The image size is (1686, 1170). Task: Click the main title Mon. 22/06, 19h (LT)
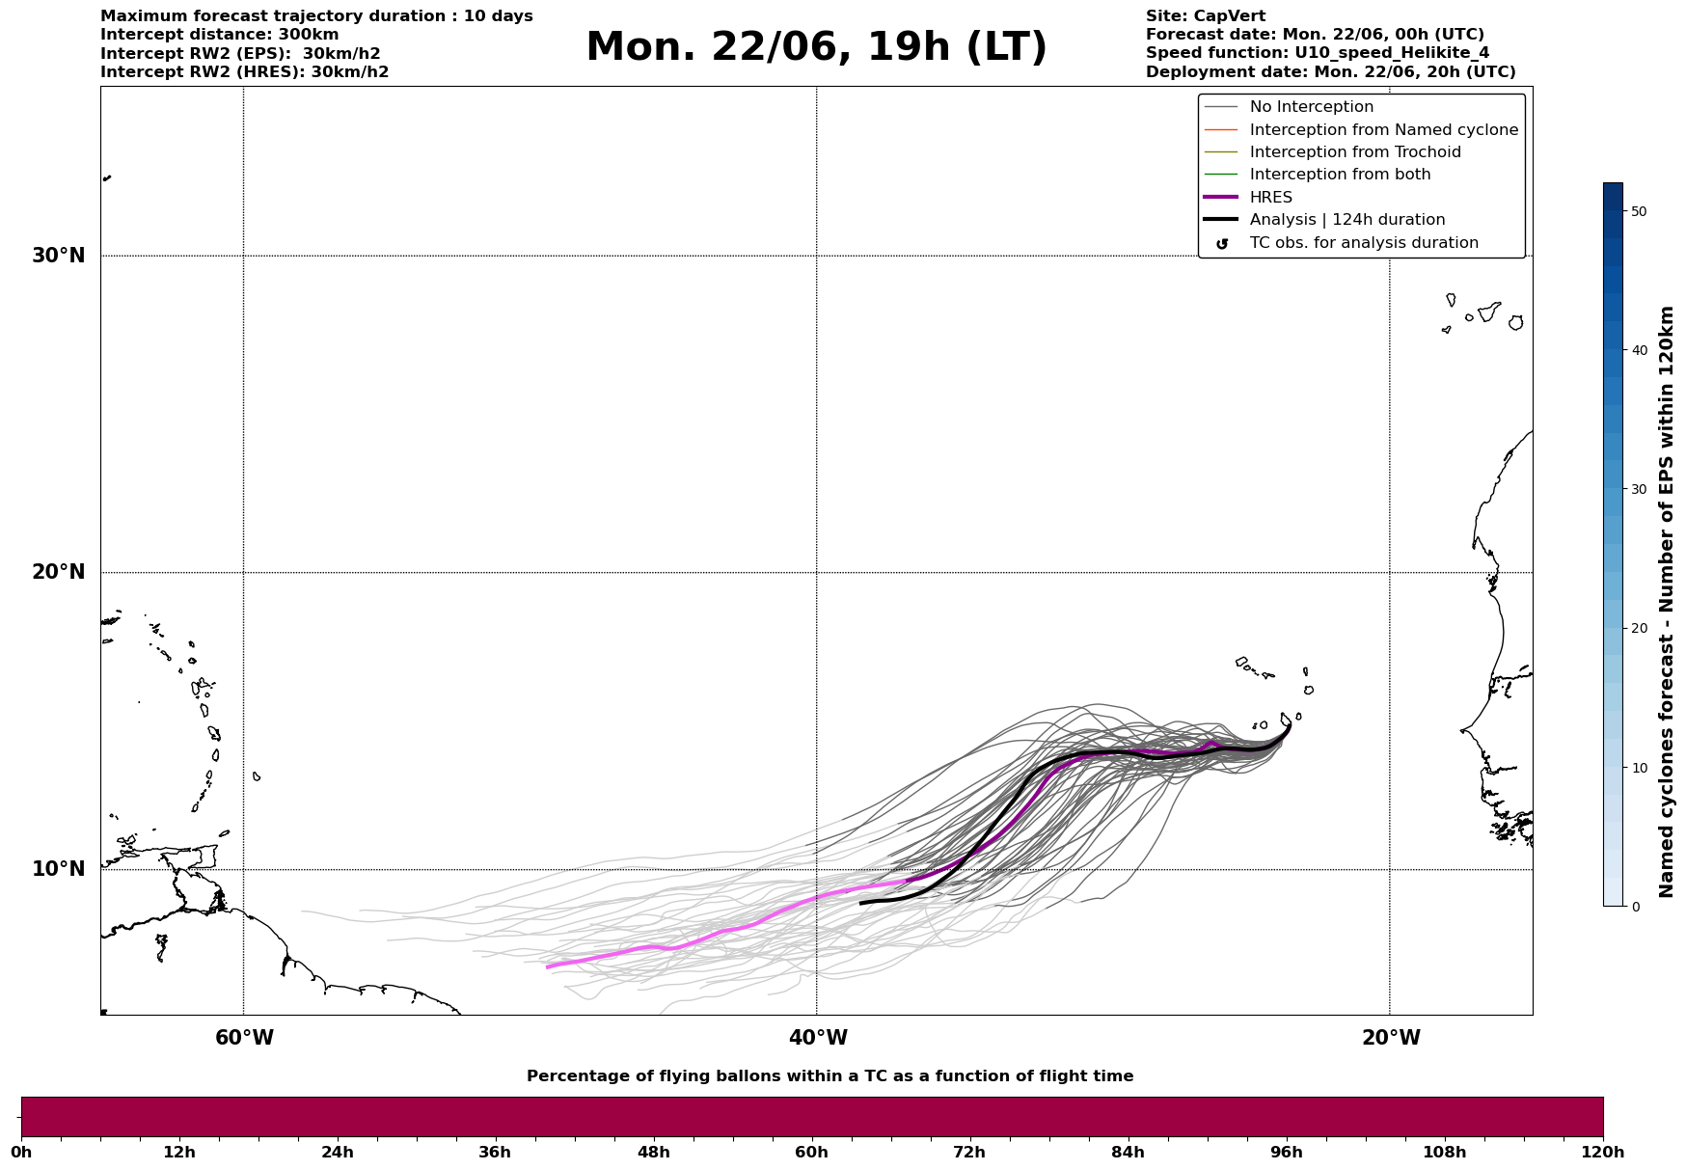pyautogui.click(x=816, y=48)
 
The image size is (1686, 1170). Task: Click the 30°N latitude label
pyautogui.click(x=58, y=256)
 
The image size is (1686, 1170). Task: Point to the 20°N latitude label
pyautogui.click(x=58, y=572)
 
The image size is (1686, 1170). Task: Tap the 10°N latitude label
pyautogui.click(x=58, y=869)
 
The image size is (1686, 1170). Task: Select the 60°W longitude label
pyautogui.click(x=244, y=1038)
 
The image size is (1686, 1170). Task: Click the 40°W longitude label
pyautogui.click(x=818, y=1038)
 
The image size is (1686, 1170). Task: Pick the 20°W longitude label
pyautogui.click(x=1391, y=1038)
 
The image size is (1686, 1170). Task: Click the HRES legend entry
pyautogui.click(x=1270, y=198)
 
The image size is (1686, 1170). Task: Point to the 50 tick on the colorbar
pyautogui.click(x=1639, y=211)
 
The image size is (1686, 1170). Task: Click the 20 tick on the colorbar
pyautogui.click(x=1639, y=628)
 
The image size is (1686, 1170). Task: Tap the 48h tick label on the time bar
pyautogui.click(x=653, y=1152)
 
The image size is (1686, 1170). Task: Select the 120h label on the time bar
pyautogui.click(x=1603, y=1152)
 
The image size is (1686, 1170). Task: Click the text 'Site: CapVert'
pyautogui.click(x=1206, y=16)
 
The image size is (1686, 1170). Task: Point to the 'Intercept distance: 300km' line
pyautogui.click(x=220, y=35)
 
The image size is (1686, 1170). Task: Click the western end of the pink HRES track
pyautogui.click(x=548, y=966)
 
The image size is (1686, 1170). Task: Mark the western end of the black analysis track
pyautogui.click(x=861, y=903)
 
